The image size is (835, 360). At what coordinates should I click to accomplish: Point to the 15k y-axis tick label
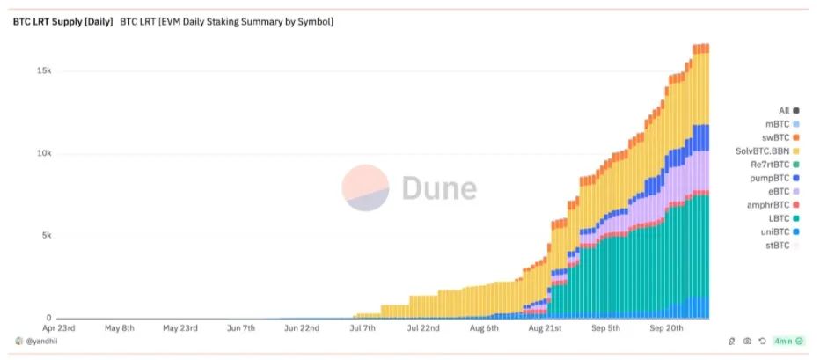tap(43, 71)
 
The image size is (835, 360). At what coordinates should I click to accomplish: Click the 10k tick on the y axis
tap(43, 154)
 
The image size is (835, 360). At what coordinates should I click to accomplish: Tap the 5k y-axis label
tap(46, 236)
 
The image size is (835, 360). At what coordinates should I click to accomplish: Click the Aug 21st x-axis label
tap(547, 328)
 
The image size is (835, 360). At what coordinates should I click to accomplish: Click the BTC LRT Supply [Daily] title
tap(62, 21)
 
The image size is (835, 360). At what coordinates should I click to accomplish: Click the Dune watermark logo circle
tap(365, 188)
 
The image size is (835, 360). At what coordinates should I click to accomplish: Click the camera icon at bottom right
tap(747, 341)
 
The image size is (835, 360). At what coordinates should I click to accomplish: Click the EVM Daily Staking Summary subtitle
tap(226, 21)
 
